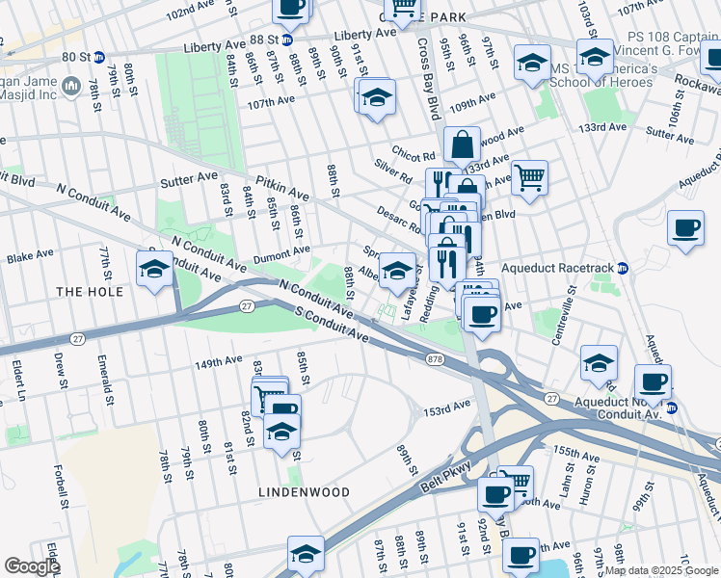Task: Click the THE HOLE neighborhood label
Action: [x=90, y=292]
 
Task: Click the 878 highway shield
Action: [x=436, y=358]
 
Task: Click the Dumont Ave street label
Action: [x=281, y=254]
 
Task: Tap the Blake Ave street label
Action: [x=30, y=258]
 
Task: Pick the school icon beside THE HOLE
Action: [x=155, y=270]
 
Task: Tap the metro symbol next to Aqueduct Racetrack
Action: [x=623, y=268]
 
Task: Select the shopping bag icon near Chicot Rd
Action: [x=463, y=144]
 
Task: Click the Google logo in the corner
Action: [x=32, y=566]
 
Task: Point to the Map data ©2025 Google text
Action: [x=660, y=570]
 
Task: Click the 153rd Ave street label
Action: [x=445, y=410]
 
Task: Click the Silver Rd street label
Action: [x=393, y=171]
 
